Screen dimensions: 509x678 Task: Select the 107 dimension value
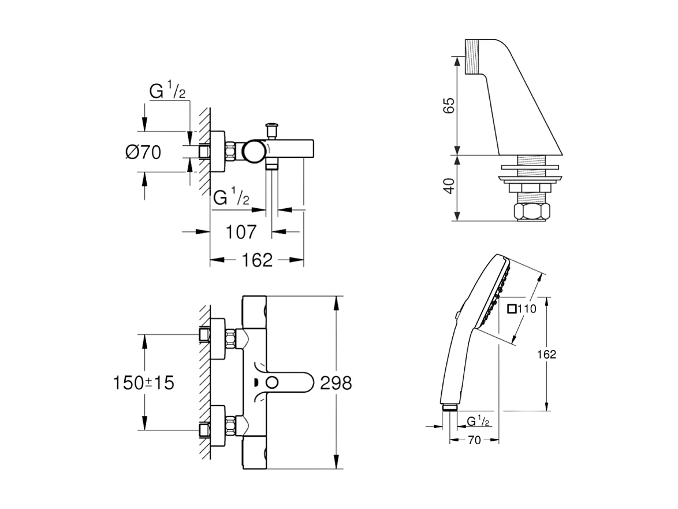pyautogui.click(x=240, y=232)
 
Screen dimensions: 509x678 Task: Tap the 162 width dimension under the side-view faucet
pyautogui.click(x=256, y=260)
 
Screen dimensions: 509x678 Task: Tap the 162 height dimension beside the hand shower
pyautogui.click(x=549, y=355)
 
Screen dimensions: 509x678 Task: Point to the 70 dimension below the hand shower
pyautogui.click(x=474, y=441)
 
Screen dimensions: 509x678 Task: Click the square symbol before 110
pyautogui.click(x=512, y=309)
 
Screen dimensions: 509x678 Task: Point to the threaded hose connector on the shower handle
pyautogui.click(x=449, y=408)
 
